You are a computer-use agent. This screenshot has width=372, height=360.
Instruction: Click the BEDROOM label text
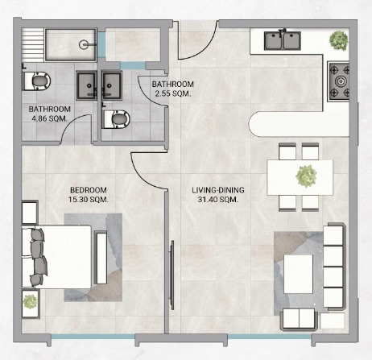89,190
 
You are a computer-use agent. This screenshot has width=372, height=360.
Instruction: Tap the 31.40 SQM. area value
218,200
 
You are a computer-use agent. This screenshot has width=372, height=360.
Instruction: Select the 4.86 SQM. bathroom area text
49,118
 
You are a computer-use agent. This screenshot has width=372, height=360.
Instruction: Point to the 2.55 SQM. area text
173,93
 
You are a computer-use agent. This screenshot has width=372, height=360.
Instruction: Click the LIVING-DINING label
218,190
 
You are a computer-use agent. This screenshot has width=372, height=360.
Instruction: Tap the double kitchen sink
282,40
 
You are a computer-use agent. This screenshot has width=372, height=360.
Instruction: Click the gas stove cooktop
338,81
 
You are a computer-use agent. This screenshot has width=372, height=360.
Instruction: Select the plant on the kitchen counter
339,40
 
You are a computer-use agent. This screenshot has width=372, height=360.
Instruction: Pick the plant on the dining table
306,176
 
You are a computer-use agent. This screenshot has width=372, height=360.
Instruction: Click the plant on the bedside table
30,301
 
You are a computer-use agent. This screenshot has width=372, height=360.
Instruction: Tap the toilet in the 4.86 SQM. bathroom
36,81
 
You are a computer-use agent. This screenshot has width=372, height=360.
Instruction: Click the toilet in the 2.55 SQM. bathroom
116,119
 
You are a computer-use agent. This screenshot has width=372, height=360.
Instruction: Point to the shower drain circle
84,44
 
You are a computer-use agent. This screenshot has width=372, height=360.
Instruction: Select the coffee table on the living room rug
298,274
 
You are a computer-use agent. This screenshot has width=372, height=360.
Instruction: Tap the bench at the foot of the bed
101,258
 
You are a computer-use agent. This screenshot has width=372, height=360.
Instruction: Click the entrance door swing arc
204,46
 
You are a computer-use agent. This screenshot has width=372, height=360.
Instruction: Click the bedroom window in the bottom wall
93,337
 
